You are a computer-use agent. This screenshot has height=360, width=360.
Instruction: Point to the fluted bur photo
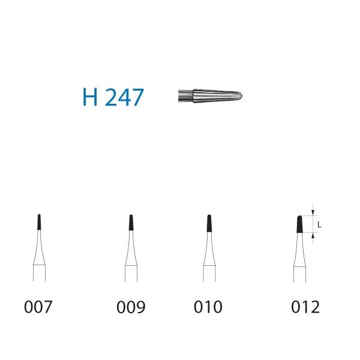pyautogui.click(x=214, y=95)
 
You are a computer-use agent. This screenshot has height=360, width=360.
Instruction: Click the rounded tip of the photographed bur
pyautogui.click(x=246, y=95)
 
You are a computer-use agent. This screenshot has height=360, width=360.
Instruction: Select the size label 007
pyautogui.click(x=38, y=307)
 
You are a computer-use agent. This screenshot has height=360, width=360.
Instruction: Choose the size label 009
pyautogui.click(x=131, y=307)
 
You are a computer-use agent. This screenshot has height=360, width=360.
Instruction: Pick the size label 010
pyautogui.click(x=208, y=307)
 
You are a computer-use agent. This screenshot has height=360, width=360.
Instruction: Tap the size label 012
pyautogui.click(x=305, y=307)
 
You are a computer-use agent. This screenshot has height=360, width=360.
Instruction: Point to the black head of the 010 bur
pyautogui.click(x=208, y=223)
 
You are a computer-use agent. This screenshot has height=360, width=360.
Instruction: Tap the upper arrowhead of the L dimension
pyautogui.click(x=313, y=213)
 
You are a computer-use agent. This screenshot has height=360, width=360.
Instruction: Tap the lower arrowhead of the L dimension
pyautogui.click(x=313, y=235)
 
